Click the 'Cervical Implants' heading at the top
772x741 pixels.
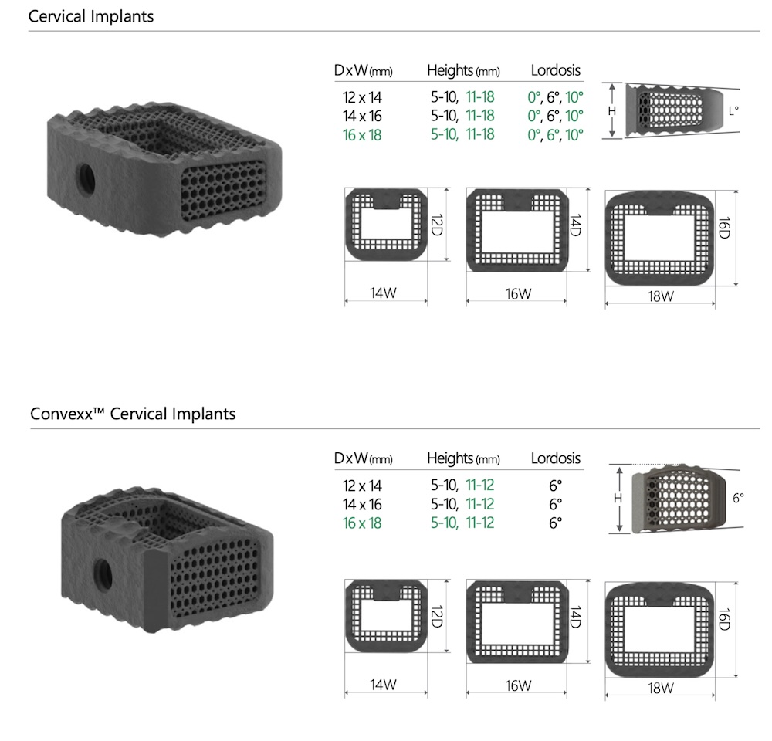(x=91, y=16)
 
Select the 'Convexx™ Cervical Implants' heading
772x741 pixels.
(x=133, y=414)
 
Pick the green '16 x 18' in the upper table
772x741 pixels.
(x=362, y=135)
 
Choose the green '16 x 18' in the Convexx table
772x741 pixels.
(x=362, y=523)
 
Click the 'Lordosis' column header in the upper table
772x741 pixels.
(x=555, y=71)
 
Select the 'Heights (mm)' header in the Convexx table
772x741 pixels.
(x=463, y=458)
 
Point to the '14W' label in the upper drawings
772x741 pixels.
(x=384, y=293)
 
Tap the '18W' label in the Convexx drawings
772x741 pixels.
(x=661, y=689)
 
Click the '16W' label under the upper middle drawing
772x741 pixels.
(x=518, y=293)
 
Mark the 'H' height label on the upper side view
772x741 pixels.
(x=611, y=111)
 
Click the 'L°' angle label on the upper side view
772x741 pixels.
(x=733, y=111)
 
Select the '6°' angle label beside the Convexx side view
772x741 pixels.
(x=738, y=499)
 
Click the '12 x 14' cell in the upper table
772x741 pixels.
(x=362, y=98)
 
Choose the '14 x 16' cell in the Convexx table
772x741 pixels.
(x=362, y=505)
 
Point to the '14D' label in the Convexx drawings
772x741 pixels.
(x=576, y=619)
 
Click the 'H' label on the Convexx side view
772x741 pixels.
(x=618, y=499)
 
